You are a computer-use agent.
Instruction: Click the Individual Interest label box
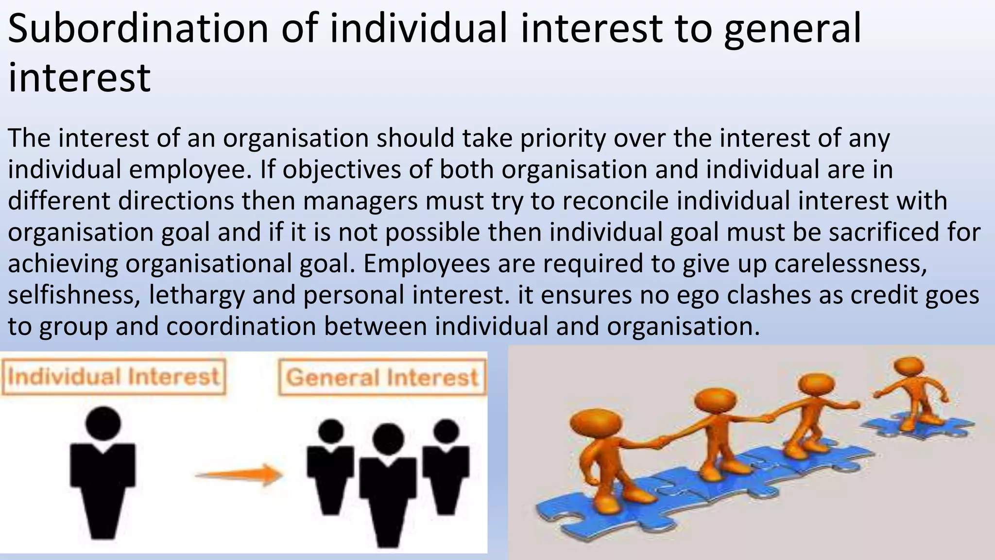tap(114, 377)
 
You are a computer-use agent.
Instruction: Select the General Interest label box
tap(382, 378)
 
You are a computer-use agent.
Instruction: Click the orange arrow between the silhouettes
tap(239, 474)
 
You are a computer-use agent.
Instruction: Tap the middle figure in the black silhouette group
tap(388, 486)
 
